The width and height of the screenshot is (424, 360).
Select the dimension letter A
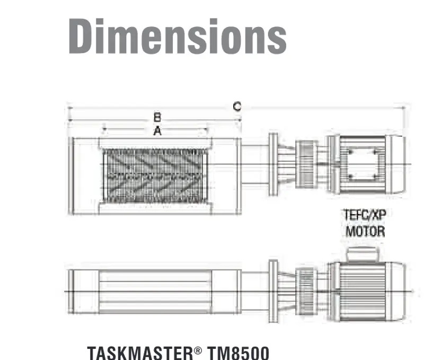pos(157,131)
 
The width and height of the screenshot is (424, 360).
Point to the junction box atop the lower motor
pos(361,254)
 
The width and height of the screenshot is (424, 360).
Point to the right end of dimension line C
pos(405,108)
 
